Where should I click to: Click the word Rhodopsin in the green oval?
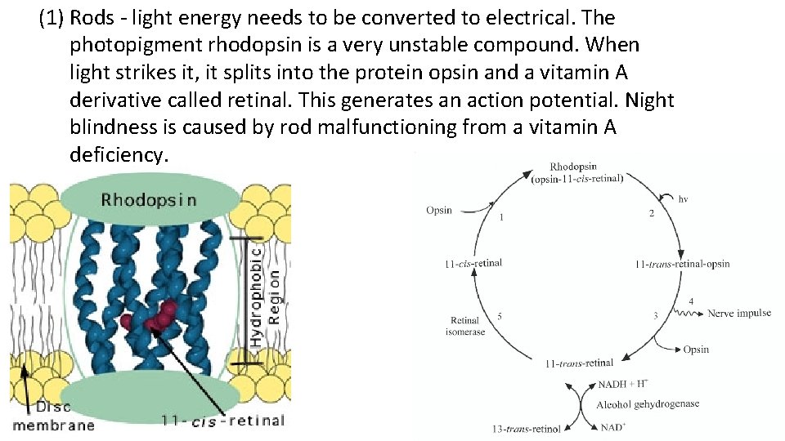click(x=148, y=200)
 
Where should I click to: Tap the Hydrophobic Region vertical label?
click(x=266, y=294)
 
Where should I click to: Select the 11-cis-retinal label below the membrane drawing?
click(x=222, y=421)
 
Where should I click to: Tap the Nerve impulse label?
click(x=739, y=314)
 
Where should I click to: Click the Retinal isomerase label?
click(x=465, y=326)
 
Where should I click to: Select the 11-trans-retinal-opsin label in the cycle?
click(x=682, y=264)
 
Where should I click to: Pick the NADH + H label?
click(x=624, y=384)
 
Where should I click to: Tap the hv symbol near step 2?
click(x=683, y=198)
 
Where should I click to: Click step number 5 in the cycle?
click(x=501, y=316)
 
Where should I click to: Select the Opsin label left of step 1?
click(x=439, y=210)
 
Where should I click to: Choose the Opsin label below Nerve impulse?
click(x=696, y=350)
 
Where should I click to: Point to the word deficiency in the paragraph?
click(x=119, y=154)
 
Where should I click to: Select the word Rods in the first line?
click(x=93, y=18)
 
